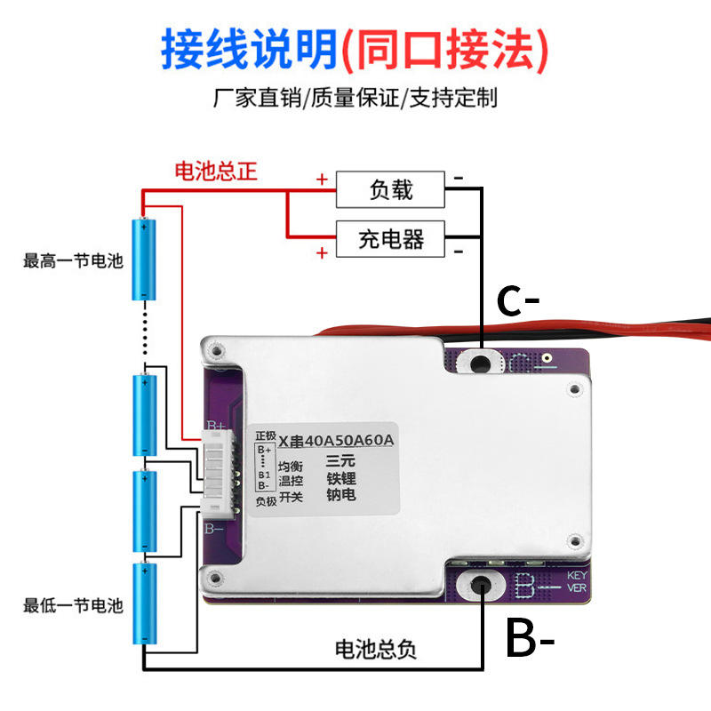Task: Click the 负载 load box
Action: tap(390, 188)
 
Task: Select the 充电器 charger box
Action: tap(390, 238)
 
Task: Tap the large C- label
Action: tap(518, 301)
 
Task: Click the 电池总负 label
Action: tap(374, 650)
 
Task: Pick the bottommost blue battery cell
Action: tap(145, 604)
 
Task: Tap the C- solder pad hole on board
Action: tap(481, 362)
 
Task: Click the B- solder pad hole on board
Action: tap(481, 586)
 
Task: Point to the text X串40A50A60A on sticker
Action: tap(336, 440)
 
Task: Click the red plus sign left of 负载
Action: tap(322, 179)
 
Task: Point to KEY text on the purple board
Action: tap(577, 575)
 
